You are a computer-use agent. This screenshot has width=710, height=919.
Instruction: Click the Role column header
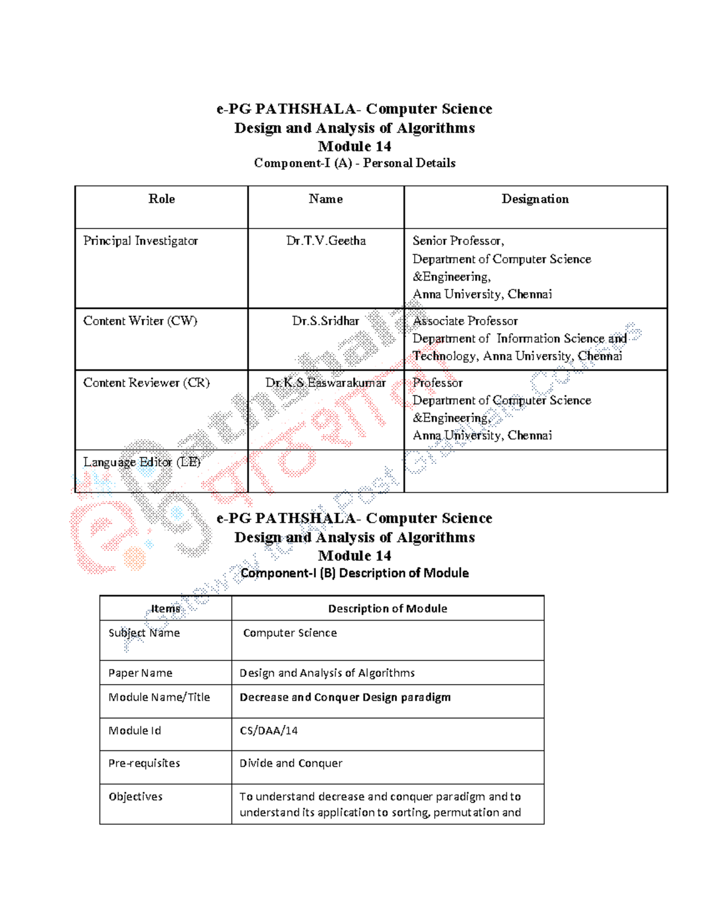coord(162,199)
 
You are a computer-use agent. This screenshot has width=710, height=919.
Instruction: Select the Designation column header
coord(535,199)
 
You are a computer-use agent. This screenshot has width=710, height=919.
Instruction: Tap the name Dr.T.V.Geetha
coord(326,241)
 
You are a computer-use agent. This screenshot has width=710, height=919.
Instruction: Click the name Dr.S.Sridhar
coord(325,321)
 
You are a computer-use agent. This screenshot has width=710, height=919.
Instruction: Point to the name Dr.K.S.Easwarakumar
coord(325,383)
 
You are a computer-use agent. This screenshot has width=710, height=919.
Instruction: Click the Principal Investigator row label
coord(140,241)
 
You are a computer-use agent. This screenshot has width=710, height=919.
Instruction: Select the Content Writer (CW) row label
coord(140,321)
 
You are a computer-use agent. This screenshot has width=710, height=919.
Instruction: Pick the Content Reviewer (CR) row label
coord(146,383)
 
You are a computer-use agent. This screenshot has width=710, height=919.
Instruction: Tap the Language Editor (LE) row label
coord(141,462)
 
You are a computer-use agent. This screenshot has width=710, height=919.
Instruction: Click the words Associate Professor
coord(465,321)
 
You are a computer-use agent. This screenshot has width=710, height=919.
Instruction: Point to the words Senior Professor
coord(458,241)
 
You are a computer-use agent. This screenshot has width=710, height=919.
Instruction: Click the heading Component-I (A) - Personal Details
coord(354,163)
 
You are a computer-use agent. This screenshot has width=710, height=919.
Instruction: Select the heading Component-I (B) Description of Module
coord(354,573)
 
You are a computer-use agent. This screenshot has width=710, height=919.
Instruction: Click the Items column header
coord(165,608)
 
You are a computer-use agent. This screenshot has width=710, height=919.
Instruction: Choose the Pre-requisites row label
coord(144,763)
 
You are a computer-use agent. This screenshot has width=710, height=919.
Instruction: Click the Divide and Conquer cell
coord(291,763)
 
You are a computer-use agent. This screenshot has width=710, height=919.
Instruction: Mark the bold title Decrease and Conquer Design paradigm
coord(345,697)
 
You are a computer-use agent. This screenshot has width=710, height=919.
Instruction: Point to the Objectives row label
coord(135,797)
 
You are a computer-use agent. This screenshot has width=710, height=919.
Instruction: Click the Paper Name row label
coord(140,673)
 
